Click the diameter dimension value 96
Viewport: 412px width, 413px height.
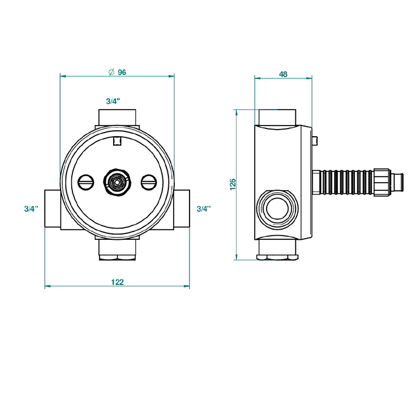click(x=122, y=72)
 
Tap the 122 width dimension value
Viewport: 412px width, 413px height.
click(x=117, y=282)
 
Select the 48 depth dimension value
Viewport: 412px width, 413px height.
click(x=283, y=74)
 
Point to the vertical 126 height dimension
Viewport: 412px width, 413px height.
click(x=233, y=184)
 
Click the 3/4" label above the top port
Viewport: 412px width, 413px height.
click(x=113, y=101)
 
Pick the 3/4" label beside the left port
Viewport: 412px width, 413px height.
click(x=31, y=209)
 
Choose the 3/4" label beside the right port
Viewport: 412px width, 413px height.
click(x=204, y=209)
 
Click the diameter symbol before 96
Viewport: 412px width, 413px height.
click(x=112, y=72)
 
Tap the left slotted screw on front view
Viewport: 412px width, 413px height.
click(x=86, y=182)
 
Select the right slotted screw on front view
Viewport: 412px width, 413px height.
click(x=149, y=182)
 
